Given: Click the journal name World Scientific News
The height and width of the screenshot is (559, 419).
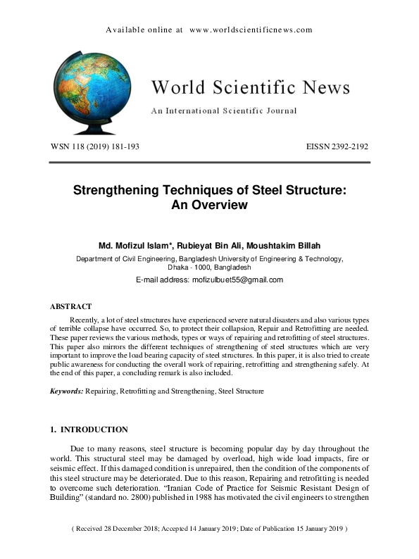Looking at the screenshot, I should tap(250, 87).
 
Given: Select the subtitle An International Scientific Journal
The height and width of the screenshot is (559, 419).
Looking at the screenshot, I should tap(223, 111).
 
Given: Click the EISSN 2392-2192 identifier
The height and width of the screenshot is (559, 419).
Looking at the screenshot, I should tap(337, 146).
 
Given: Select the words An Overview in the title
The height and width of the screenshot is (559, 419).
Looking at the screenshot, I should tap(209, 205).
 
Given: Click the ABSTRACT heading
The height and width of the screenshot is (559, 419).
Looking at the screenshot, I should tap(70, 307).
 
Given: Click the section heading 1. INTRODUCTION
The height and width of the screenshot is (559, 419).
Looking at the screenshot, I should tap(89, 429).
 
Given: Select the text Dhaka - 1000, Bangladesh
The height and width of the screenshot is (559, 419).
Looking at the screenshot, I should tap(209, 268).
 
